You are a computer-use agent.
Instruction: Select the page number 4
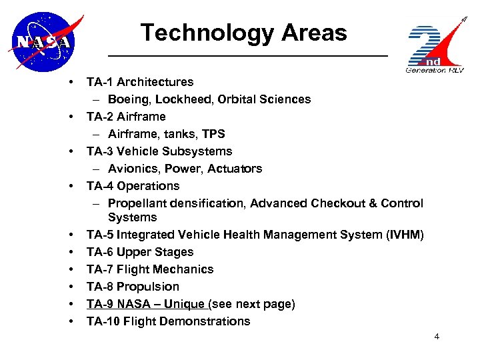pyautogui.click(x=437, y=337)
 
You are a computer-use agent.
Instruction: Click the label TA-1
pyautogui.click(x=100, y=82)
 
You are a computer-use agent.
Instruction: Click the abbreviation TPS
pyautogui.click(x=214, y=134)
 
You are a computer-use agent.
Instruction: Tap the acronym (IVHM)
pyautogui.click(x=401, y=235)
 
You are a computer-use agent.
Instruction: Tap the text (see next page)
pyautogui.click(x=252, y=304)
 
